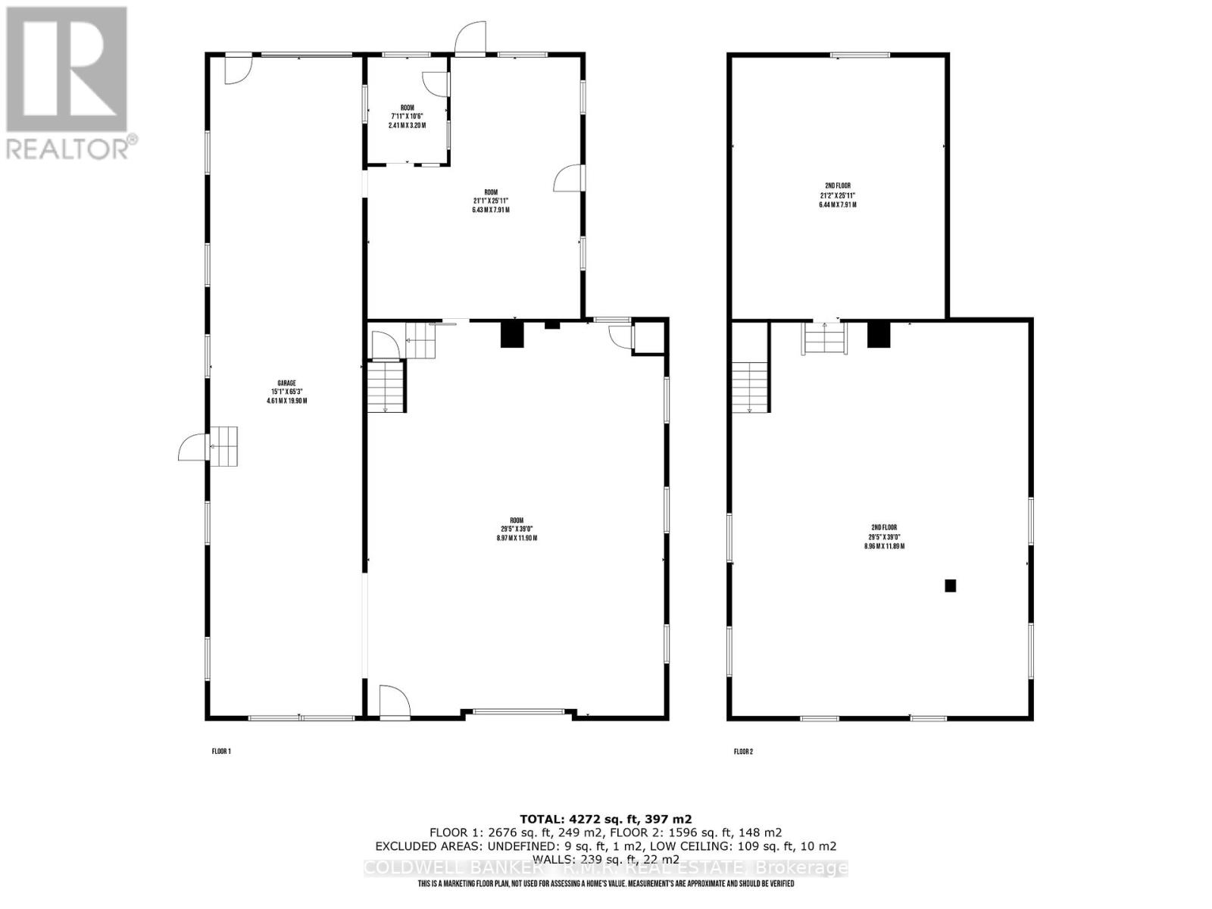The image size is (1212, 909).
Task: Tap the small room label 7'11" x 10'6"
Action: (x=407, y=117)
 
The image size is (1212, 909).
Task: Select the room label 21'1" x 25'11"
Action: (x=490, y=201)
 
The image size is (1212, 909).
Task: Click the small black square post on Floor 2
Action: (x=950, y=585)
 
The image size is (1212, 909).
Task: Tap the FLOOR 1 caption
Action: (x=220, y=751)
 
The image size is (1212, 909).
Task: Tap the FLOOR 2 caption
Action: (x=743, y=751)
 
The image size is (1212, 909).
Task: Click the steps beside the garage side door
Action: (x=223, y=446)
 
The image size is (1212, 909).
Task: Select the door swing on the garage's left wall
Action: (x=192, y=447)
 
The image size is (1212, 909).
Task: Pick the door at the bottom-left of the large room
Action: (x=393, y=701)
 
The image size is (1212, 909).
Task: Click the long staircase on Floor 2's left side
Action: (x=751, y=386)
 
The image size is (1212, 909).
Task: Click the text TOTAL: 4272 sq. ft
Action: (x=605, y=819)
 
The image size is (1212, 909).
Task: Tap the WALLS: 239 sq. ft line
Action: (x=605, y=859)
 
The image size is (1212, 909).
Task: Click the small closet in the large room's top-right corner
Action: (x=648, y=336)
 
